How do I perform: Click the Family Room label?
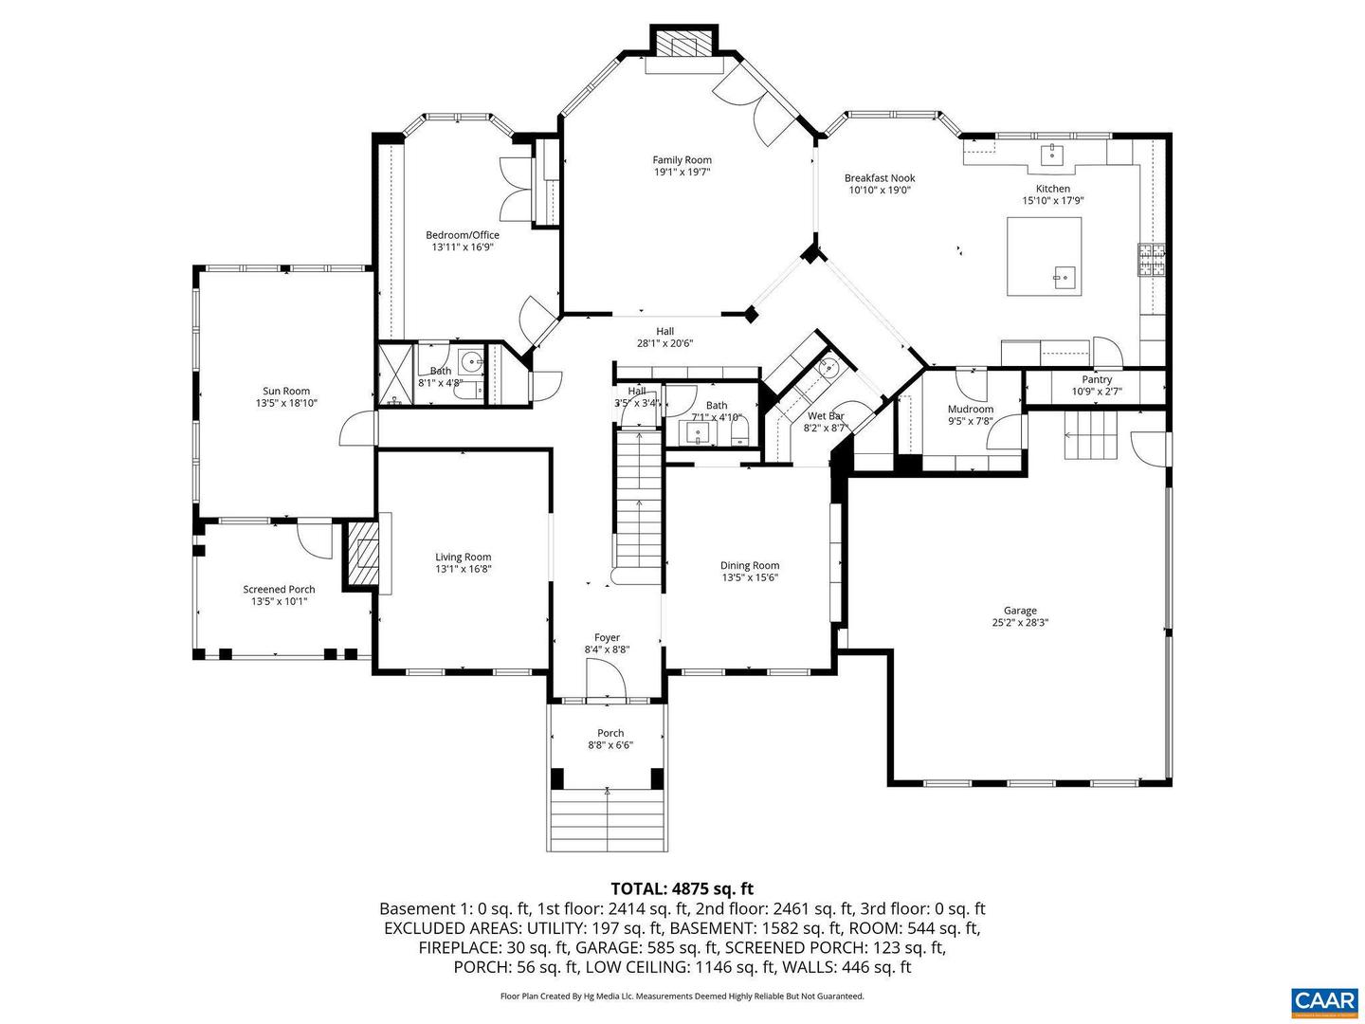682,160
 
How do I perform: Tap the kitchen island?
1043,256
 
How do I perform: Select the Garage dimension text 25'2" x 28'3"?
1020,623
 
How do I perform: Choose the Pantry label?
1097,379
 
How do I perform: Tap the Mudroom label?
970,410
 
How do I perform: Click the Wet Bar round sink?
828,370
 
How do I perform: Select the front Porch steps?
607,820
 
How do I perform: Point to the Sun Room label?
286,391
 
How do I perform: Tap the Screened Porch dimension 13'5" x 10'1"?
279,601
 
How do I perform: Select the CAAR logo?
1323,1000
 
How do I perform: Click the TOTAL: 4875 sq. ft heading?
682,888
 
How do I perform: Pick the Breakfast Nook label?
880,178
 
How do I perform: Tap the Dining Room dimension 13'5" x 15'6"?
749,577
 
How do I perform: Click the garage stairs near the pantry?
1094,436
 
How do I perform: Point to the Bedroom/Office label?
462,235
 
